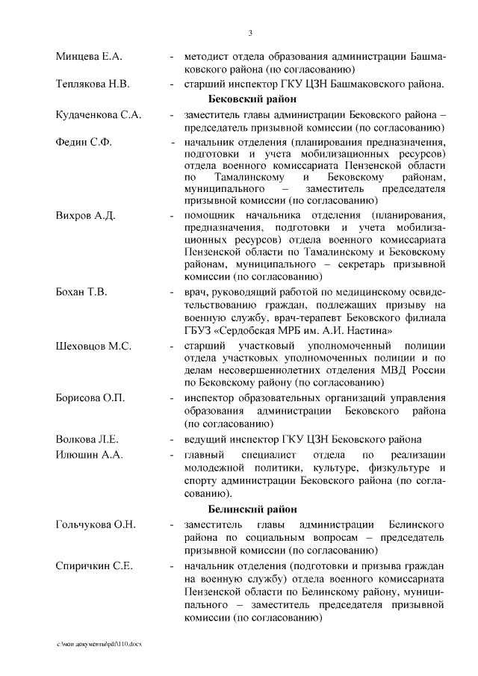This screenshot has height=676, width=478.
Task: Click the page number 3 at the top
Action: (x=250, y=32)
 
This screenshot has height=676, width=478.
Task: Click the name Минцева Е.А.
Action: (x=89, y=57)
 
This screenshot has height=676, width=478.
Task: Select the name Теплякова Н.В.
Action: (x=93, y=84)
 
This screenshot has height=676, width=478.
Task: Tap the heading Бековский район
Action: (x=252, y=99)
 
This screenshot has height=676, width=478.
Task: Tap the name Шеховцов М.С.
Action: (x=94, y=347)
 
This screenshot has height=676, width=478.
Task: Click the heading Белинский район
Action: (x=252, y=509)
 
